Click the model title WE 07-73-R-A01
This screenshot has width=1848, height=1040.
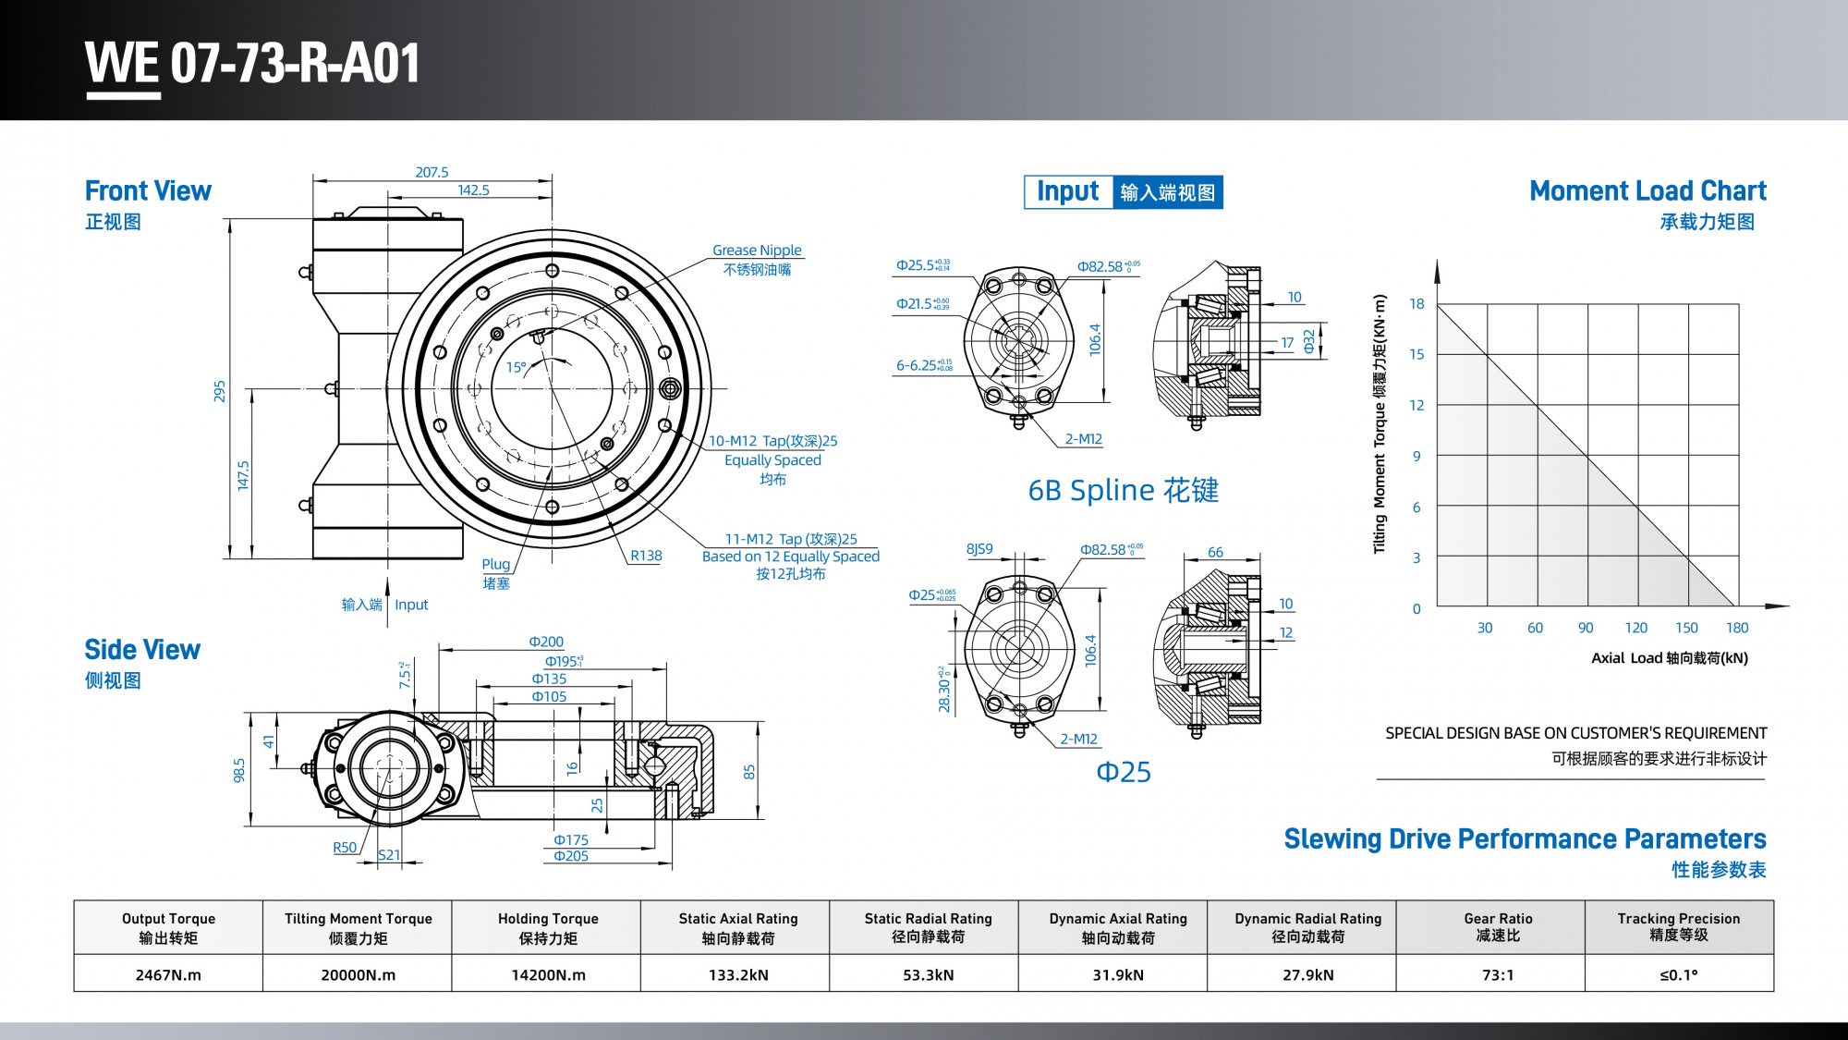tap(252, 64)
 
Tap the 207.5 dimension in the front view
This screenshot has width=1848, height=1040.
tap(432, 172)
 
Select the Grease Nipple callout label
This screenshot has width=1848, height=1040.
tap(757, 251)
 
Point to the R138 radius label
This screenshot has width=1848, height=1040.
tap(646, 556)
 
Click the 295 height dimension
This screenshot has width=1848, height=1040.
tap(220, 390)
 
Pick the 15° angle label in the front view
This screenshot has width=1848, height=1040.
tap(516, 367)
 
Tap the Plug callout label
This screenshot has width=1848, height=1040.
tap(495, 564)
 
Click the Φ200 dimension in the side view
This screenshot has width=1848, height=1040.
tap(546, 642)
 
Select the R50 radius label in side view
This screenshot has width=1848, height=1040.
tap(345, 847)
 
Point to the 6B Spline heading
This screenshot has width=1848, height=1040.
tap(1123, 490)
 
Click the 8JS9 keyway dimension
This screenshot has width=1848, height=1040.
tap(979, 549)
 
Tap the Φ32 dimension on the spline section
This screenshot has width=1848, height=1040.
tap(1308, 341)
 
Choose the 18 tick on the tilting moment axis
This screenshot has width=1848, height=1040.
tap(1416, 304)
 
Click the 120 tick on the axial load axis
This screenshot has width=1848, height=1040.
tap(1635, 628)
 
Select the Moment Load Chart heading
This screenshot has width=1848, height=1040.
tap(1647, 191)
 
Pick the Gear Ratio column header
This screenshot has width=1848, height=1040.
tap(1498, 926)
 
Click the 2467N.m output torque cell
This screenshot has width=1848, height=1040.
tap(168, 974)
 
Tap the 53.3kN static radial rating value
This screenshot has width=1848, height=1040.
tap(928, 974)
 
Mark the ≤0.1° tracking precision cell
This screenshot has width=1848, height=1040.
tap(1678, 974)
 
